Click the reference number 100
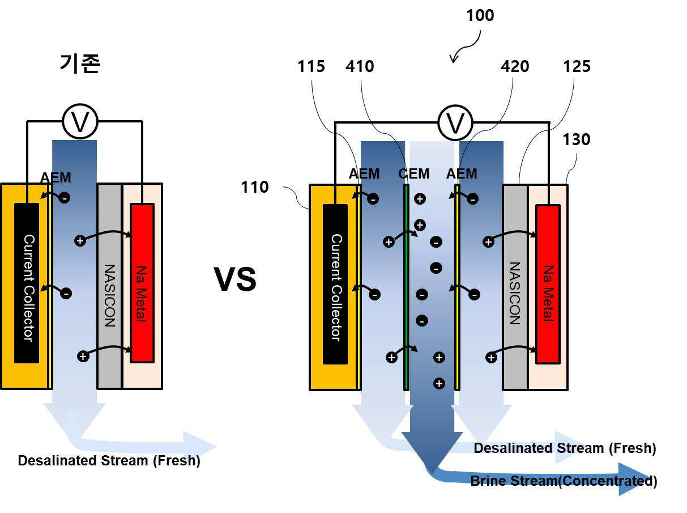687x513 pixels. pos(480,15)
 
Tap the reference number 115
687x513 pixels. pos(311,66)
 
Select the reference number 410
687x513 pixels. pos(360,66)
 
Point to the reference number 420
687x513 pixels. pos(515,66)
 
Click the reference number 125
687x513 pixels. pos(577,66)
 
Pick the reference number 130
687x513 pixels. pos(576,139)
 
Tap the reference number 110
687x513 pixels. pos(255,187)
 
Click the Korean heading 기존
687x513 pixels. pos(80,63)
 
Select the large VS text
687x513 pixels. pos(235,279)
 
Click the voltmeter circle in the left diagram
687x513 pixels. pos(80,121)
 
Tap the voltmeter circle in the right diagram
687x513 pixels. pos(455,123)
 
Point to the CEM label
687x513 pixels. pos(414,174)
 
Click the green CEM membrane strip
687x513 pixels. pos(406,287)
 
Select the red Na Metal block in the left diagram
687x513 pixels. pos(142,283)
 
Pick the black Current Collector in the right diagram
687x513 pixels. pos(335,284)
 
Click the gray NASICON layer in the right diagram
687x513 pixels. pos(515,287)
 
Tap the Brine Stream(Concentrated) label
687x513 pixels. pos(564,481)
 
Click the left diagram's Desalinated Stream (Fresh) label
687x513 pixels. pos(109,461)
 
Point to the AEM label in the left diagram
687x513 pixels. pos(56,177)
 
